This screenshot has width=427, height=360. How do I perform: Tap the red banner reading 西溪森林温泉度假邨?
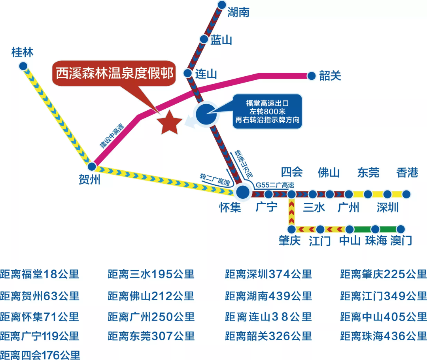pyautogui.click(x=115, y=73)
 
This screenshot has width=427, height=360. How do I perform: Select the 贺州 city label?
pyautogui.click(x=90, y=180)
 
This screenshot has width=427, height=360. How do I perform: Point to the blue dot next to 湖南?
pyautogui.click(x=222, y=5)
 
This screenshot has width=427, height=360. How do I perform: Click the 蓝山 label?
pyautogui.click(x=221, y=40)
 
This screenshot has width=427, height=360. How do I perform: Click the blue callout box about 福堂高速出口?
pyautogui.click(x=267, y=111)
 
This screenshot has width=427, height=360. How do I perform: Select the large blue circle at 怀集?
pyautogui.click(x=243, y=192)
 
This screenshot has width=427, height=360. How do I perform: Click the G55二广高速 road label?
pyautogui.click(x=274, y=185)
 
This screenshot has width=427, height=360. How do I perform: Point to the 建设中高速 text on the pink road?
pyautogui.click(x=111, y=136)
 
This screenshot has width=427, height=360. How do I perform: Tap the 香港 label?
pyautogui.click(x=407, y=173)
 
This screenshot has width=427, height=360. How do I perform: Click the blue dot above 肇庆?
pyautogui.click(x=291, y=229)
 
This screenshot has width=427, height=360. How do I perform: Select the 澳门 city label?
pyautogui.click(x=401, y=241)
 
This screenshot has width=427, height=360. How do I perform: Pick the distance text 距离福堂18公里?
pyautogui.click(x=40, y=274)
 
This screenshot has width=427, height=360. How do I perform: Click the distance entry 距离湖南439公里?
pyautogui.click(x=268, y=295)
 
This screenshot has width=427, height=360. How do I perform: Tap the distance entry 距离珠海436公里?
pyautogui.click(x=384, y=336)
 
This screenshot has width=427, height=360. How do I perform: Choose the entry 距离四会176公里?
pyautogui.click(x=40, y=354)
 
